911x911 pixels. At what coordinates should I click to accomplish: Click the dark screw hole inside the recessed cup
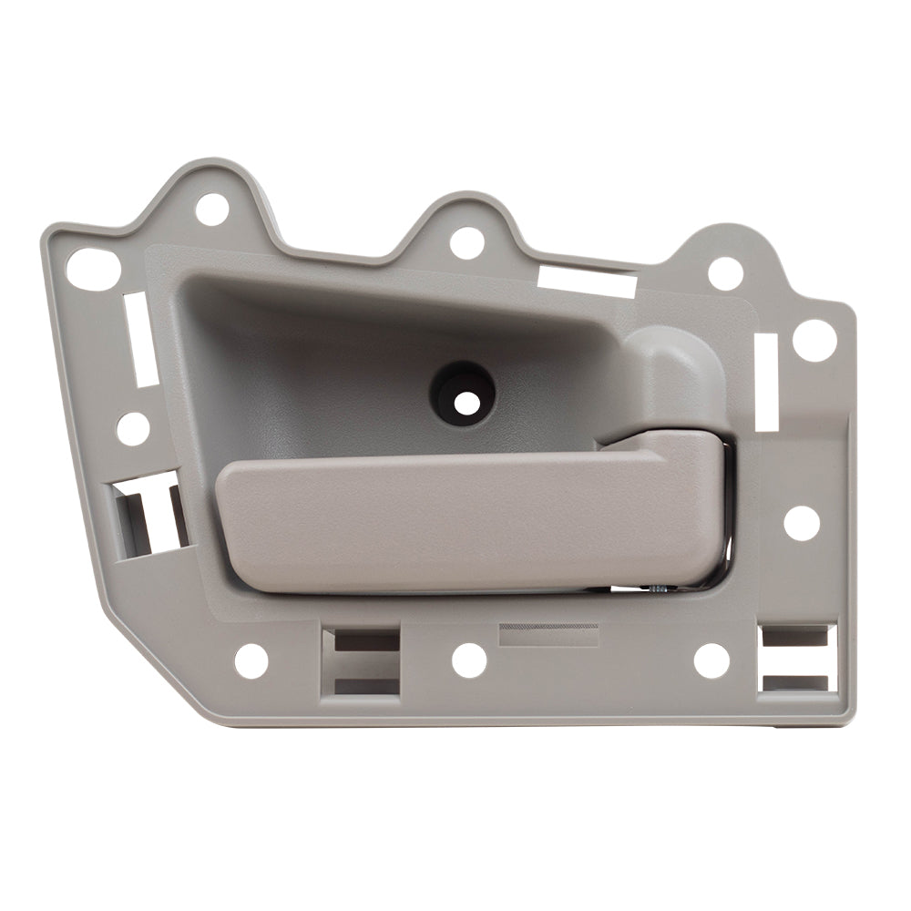(463, 391)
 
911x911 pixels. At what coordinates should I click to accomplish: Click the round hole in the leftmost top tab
(211, 210)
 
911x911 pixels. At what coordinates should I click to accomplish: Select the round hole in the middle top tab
(467, 243)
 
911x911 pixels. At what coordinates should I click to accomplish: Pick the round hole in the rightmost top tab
(725, 273)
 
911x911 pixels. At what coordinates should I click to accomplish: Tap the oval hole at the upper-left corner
(94, 270)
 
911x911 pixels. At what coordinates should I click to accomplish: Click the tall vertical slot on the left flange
(141, 338)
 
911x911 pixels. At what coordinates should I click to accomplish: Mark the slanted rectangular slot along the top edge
(587, 281)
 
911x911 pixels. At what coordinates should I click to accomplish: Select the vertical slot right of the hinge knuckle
(767, 382)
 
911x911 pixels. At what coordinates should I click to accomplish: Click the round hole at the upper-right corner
(814, 340)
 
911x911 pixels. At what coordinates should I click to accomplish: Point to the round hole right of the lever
(802, 522)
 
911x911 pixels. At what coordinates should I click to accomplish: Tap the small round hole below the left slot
(133, 428)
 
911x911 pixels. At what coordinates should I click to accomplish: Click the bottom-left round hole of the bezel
(251, 660)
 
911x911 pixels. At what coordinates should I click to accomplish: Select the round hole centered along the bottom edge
(469, 660)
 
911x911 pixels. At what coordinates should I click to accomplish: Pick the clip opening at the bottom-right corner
(798, 659)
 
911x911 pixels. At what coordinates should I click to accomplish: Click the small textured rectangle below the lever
(549, 635)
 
